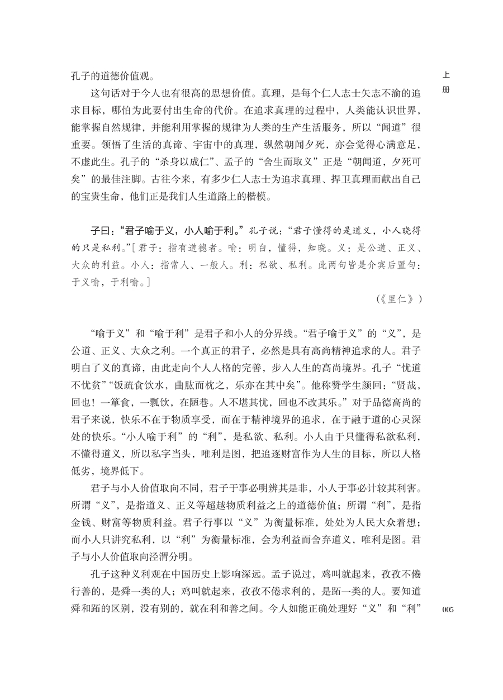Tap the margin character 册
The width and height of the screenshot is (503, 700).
point(446,90)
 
